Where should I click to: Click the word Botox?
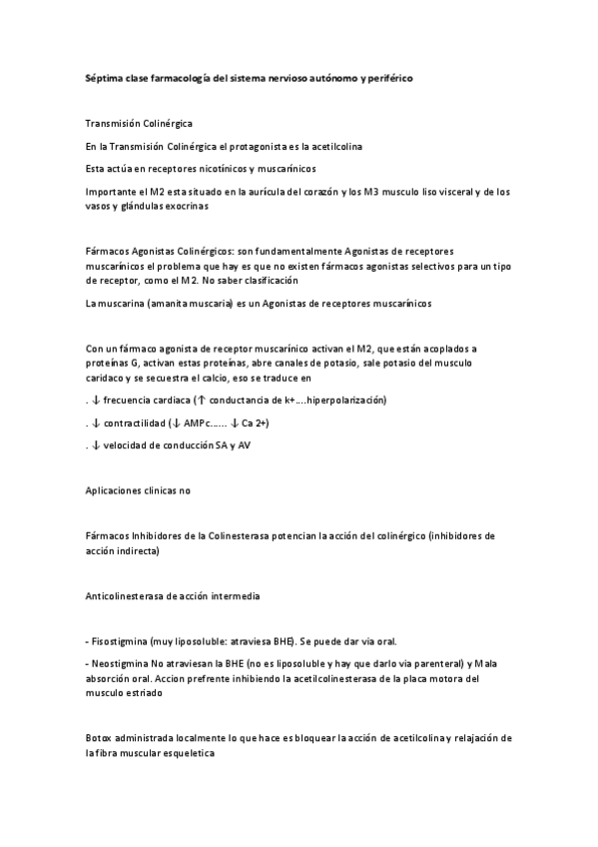tap(100, 738)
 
